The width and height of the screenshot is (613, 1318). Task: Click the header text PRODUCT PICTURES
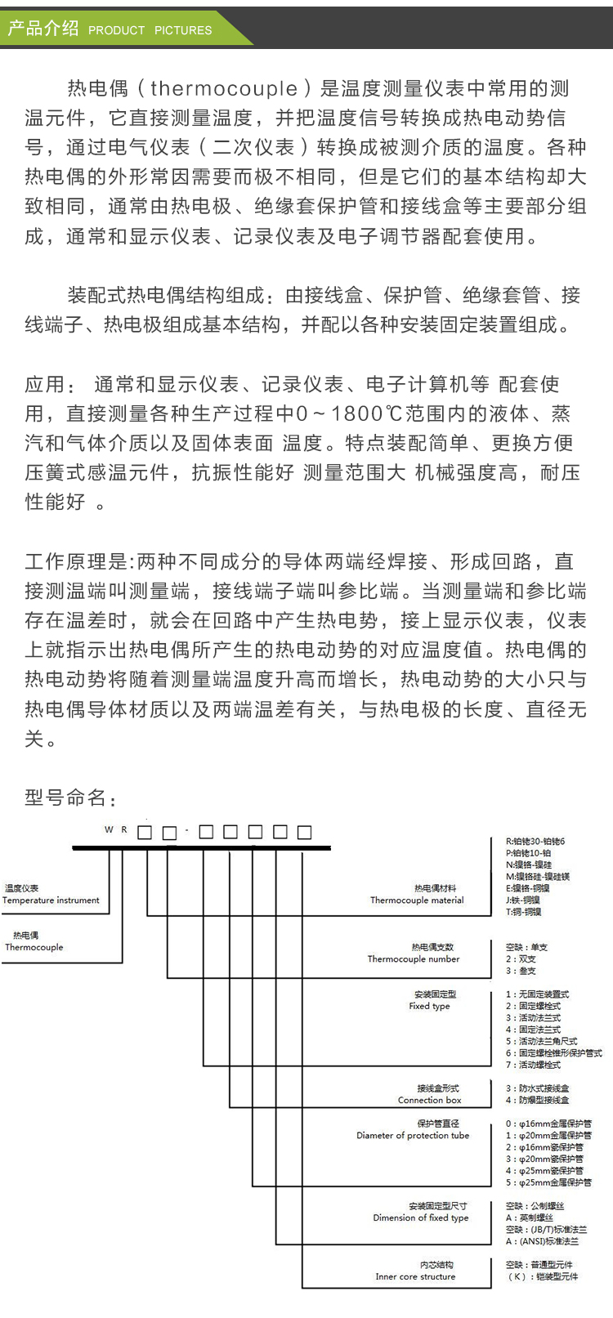pos(150,30)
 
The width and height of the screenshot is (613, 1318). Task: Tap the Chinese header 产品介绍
pos(43,29)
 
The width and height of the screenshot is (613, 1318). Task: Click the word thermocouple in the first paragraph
pos(224,89)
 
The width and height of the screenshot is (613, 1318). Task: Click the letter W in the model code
pos(109,830)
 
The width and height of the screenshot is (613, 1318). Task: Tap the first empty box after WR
pos(145,833)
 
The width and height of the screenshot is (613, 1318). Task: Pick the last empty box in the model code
pos(304,832)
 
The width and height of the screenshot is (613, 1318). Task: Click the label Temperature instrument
pos(51,900)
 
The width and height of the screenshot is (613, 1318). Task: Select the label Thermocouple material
pos(417,900)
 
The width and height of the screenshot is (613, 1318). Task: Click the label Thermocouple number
pos(414,959)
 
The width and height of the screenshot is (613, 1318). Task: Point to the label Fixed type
pos(430,1007)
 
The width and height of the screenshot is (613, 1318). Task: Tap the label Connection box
pos(430,1101)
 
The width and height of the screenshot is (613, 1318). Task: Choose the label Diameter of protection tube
pos(413,1136)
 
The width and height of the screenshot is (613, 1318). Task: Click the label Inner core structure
pos(415,1276)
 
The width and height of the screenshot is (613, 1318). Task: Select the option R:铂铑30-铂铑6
pos(535,842)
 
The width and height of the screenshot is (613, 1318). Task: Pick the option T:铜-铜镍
pos(524,912)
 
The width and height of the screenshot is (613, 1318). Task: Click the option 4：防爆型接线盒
pos(538,1100)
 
